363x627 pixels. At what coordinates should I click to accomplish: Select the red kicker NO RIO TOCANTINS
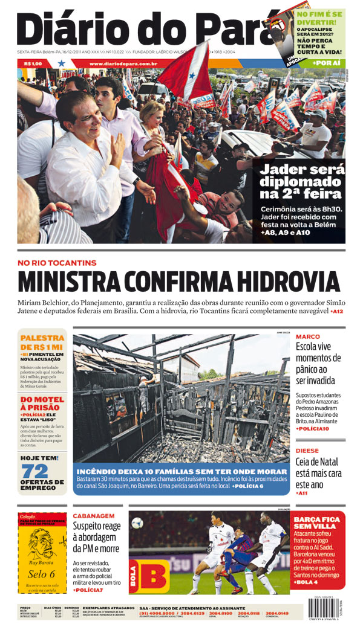point(57,263)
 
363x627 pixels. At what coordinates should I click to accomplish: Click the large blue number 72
point(34,471)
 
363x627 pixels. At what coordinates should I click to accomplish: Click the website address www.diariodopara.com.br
point(123,63)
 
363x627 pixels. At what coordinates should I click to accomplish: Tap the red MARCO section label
point(308,336)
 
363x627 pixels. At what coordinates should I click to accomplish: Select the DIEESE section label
point(308,451)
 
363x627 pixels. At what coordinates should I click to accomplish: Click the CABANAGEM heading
point(94,516)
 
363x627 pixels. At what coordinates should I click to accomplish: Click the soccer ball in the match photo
point(137,523)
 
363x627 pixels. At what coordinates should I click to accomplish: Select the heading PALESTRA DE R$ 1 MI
point(42,342)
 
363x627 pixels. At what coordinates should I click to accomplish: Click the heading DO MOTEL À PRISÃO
point(42,404)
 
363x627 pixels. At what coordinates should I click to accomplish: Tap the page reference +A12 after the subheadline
point(337,312)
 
